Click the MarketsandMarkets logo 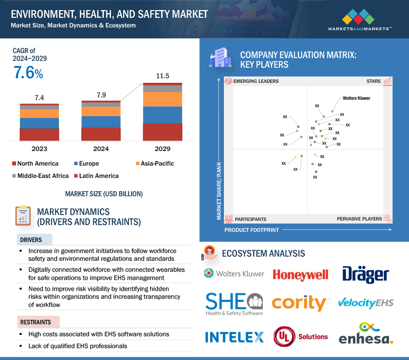tap(360, 20)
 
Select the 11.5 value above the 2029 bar tap(163, 76)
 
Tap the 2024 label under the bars tap(101, 149)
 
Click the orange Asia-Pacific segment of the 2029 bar tap(163, 99)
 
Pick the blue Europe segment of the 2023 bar tap(39, 123)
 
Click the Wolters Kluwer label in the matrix tap(356, 98)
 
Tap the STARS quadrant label tap(373, 81)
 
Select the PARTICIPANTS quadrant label tap(250, 219)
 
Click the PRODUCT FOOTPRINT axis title tap(251, 230)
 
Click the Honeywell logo tap(300, 274)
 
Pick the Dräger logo tap(366, 274)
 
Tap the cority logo tap(300, 303)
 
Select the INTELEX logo tap(234, 337)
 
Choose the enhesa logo tap(366, 334)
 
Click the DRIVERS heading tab tap(31, 240)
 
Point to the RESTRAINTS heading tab tap(35, 322)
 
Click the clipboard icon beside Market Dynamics tap(22, 216)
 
